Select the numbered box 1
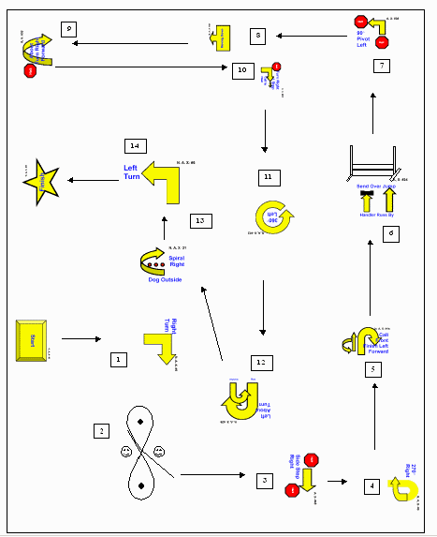[117, 359]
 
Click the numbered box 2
[100, 431]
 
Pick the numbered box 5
[373, 369]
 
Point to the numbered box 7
[381, 66]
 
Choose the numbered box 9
[68, 29]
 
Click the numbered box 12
[262, 362]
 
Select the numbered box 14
[136, 146]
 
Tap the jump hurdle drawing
[371, 160]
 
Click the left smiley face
[125, 453]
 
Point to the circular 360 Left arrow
[275, 217]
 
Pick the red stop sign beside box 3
[312, 460]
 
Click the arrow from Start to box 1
[81, 338]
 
